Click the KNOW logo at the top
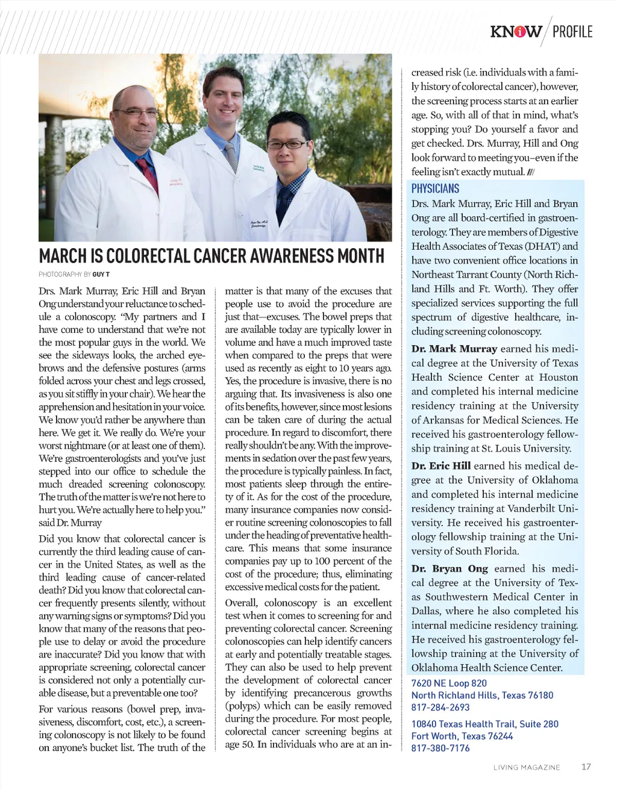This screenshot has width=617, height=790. [516, 31]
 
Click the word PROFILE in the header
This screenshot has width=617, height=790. [572, 31]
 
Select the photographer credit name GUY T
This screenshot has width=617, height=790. [101, 275]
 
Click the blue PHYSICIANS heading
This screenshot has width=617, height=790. [435, 188]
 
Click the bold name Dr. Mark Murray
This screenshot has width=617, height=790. [454, 349]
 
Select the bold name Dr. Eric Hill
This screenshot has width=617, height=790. [441, 465]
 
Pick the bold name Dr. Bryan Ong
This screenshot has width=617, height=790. [449, 568]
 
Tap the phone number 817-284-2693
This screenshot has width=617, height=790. [440, 708]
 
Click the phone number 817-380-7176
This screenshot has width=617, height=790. [440, 748]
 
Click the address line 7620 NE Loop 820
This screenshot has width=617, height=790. [449, 683]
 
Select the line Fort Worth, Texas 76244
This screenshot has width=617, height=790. [462, 736]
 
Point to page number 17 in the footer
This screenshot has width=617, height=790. [586, 767]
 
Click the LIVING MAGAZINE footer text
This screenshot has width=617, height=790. [527, 767]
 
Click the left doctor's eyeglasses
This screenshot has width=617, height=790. [135, 113]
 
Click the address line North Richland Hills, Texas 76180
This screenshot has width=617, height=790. [482, 695]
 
